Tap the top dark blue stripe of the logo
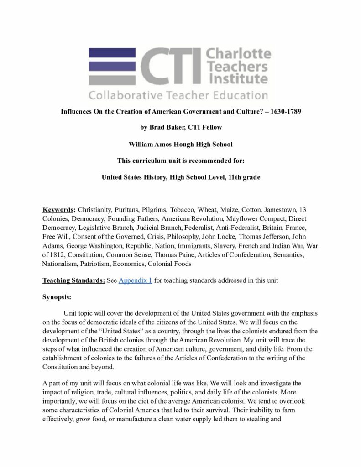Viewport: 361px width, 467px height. pos(112,53)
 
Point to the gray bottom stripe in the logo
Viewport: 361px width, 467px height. pos(112,80)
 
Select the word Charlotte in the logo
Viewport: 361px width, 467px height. pos(239,54)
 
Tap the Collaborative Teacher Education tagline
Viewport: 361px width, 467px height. pos(178,95)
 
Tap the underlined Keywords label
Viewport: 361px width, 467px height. pos(59,210)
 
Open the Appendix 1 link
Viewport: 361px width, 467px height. pos(135,280)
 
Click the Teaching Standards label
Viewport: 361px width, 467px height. pos(73,280)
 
